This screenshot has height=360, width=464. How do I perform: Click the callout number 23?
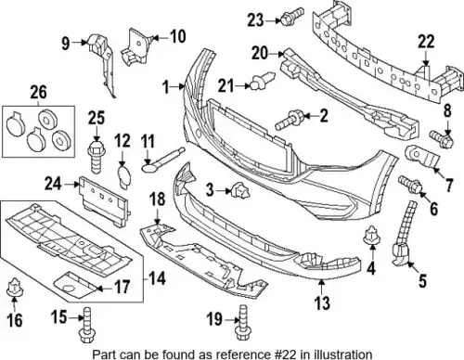tap(255, 20)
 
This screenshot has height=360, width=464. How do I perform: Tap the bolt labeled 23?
tap(291, 17)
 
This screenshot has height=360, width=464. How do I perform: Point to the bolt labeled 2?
tap(290, 120)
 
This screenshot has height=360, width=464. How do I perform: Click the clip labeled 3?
tap(240, 191)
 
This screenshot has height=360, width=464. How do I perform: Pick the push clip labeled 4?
tap(372, 237)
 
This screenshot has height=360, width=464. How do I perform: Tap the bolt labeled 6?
tap(411, 185)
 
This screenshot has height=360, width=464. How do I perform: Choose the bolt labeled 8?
tap(441, 139)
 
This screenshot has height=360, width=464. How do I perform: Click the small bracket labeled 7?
tap(422, 157)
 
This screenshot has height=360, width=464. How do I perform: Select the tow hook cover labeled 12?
tap(124, 176)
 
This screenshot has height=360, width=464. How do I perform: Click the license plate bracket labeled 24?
tap(104, 200)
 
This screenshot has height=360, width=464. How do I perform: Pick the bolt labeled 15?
tap(86, 325)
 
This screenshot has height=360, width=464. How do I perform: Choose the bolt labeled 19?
tap(242, 323)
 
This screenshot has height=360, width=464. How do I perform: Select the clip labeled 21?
tap(262, 81)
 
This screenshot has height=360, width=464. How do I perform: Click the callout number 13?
tap(322, 302)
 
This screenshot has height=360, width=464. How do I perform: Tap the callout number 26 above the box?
tap(39, 93)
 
